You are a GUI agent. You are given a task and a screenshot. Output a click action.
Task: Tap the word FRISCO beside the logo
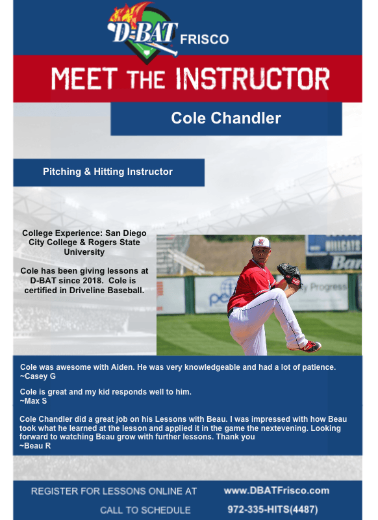[205, 40]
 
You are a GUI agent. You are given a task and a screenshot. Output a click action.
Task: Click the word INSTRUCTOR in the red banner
[253, 79]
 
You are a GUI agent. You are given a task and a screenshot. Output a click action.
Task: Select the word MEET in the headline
[84, 79]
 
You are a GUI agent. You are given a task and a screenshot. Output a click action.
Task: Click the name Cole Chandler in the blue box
[226, 118]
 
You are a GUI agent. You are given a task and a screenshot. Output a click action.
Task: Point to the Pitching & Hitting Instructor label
[108, 172]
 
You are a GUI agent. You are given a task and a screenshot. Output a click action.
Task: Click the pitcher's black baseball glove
[290, 274]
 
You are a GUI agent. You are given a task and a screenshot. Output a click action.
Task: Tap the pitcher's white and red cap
[260, 242]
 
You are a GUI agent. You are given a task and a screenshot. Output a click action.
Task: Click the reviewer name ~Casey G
[38, 376]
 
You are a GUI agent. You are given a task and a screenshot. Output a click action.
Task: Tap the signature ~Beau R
[35, 446]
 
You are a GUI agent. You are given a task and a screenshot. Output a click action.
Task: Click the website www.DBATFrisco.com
[277, 491]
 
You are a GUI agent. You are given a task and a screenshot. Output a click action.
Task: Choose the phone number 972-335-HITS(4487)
[273, 510]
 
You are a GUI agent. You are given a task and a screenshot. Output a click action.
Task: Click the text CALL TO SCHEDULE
[145, 510]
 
